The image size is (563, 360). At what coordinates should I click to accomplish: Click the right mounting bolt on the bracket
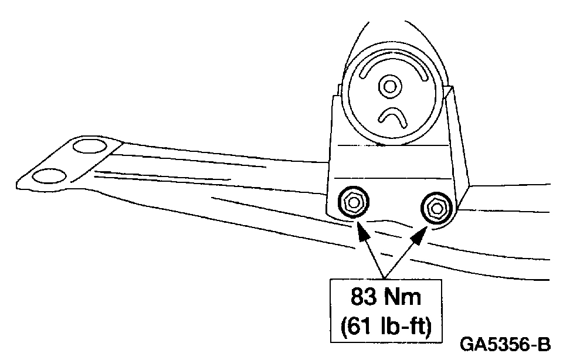tap(436, 206)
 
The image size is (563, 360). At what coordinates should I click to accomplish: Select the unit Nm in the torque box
tap(404, 297)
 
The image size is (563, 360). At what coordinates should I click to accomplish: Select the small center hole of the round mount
tap(388, 86)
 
